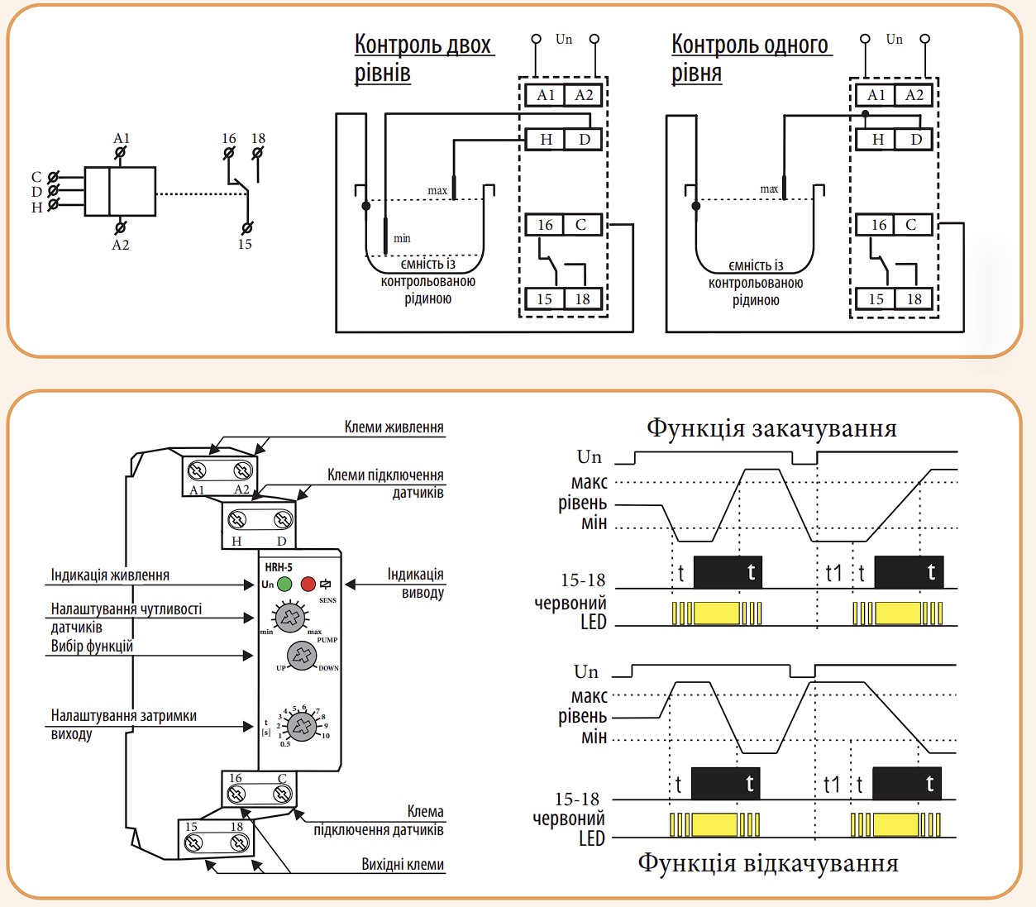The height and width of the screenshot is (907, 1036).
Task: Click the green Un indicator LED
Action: point(284,584)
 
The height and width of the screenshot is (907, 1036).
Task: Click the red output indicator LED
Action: point(308,584)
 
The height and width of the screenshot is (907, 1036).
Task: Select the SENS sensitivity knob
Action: point(290,617)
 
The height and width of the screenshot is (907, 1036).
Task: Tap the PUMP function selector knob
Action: point(302,656)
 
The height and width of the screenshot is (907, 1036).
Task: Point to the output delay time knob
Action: point(302,726)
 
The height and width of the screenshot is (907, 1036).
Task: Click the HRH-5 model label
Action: point(279,567)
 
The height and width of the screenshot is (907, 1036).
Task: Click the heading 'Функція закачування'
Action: point(771,428)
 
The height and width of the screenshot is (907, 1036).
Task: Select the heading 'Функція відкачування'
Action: point(767,863)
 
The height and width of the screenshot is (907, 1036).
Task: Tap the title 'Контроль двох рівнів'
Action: point(423,59)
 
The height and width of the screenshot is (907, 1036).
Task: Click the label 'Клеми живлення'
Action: point(394,427)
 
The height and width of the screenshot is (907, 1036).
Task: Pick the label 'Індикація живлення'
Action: point(110,575)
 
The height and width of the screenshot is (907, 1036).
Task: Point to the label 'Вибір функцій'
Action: point(92,647)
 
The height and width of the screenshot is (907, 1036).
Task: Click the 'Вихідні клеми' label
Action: point(403,864)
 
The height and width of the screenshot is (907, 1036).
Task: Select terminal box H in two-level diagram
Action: point(546,139)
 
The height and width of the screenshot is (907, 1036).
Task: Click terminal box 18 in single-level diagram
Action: point(914,298)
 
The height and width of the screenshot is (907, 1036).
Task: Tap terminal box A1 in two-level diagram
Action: point(545,94)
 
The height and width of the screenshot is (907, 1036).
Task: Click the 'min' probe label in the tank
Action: point(402,238)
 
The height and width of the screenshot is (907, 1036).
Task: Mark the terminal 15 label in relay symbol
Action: point(245,244)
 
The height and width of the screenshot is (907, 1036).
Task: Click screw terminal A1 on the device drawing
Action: point(197,471)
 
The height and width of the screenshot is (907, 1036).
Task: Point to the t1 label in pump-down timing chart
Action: point(831,785)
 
